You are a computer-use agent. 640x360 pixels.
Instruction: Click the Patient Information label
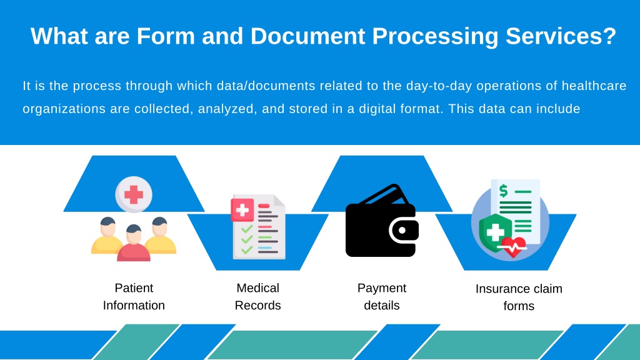(134, 297)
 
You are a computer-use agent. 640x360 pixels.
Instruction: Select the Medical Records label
(257, 297)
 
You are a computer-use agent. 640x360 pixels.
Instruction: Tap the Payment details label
(381, 297)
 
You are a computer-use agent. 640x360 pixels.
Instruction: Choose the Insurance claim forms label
(519, 297)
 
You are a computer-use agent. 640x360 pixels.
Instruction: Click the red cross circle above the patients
(134, 194)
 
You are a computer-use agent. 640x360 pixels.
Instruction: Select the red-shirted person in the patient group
(134, 245)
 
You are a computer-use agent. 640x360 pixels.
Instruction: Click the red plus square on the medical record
(242, 209)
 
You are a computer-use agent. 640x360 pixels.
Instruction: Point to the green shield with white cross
(494, 233)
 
